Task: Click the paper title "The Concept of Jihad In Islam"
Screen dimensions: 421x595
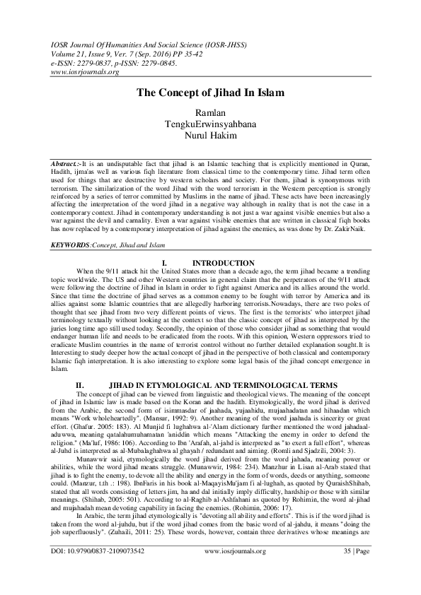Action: [210, 93]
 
